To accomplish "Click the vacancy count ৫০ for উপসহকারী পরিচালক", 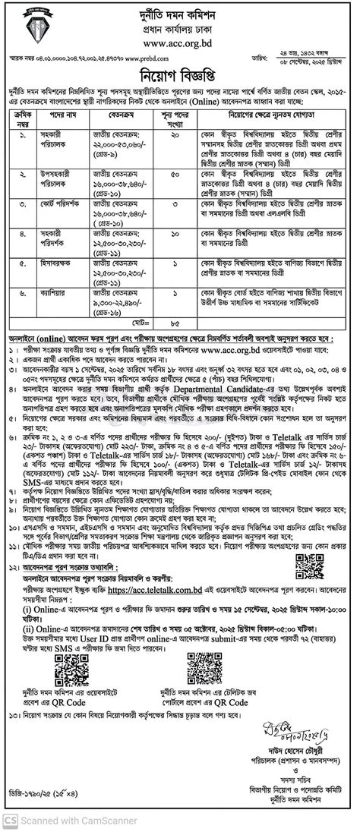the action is tap(175, 174).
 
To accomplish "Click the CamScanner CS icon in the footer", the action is tap(11, 821).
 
